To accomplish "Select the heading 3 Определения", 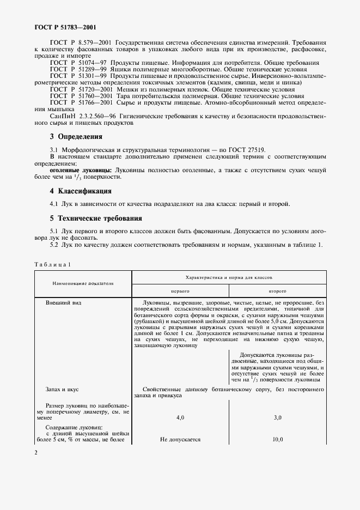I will [x=76, y=137].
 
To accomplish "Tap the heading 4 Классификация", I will [x=81, y=191].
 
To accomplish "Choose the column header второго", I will [x=277, y=292].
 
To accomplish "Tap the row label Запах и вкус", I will [x=63, y=390].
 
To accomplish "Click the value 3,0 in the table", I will [x=277, y=417].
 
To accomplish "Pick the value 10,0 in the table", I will [x=277, y=440].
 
